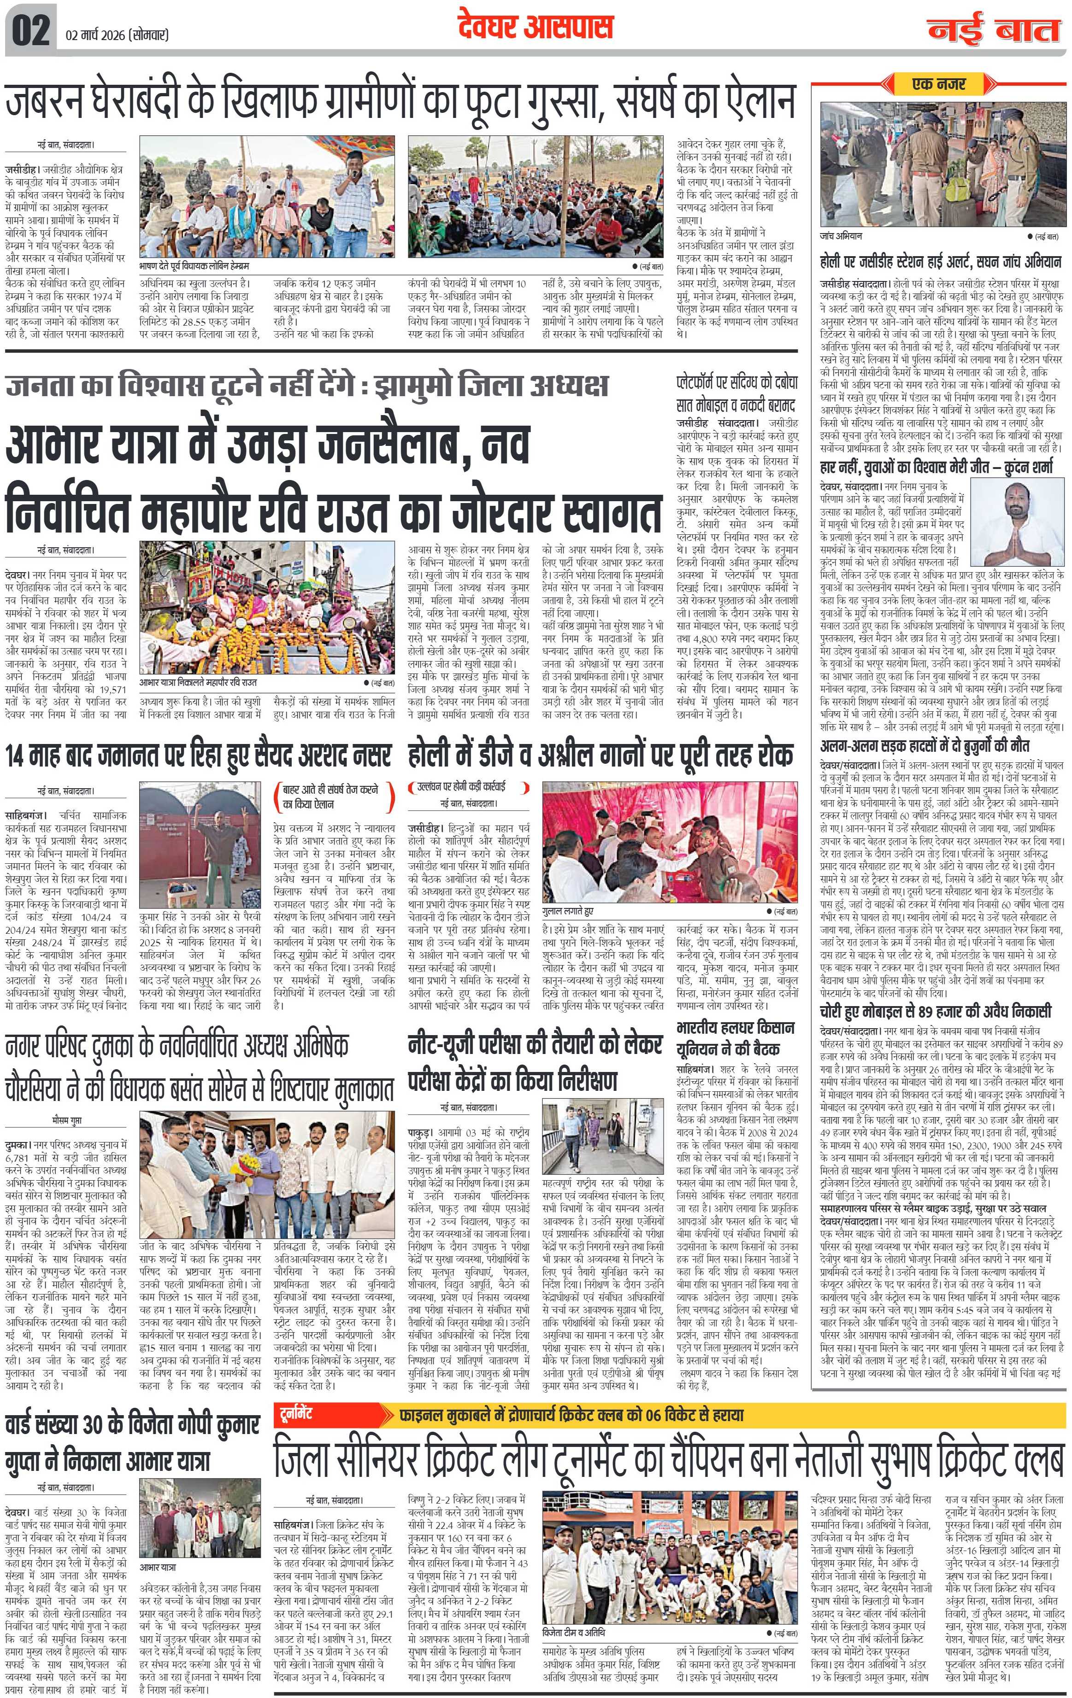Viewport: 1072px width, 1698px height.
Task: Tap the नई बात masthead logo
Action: [995, 29]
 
